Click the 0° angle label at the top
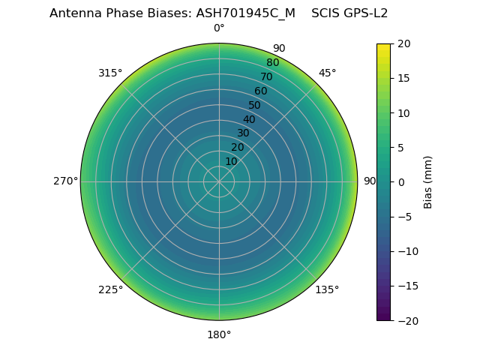219,28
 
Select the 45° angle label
328,73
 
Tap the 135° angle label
327,289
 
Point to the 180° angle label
219,334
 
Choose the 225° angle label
110,289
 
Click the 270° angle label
65,181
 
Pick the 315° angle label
110,73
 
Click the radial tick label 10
231,161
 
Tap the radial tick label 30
243,133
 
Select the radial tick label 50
255,105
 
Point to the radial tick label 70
266,76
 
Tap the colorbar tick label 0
400,182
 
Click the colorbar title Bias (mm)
428,182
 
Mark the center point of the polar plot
219,181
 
